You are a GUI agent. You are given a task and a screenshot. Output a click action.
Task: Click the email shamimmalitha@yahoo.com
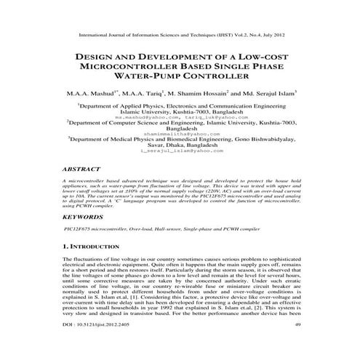click(x=180, y=135)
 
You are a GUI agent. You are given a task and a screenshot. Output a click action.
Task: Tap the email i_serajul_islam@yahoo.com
click(x=181, y=151)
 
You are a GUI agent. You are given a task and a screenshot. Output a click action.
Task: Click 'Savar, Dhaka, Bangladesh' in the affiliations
click(x=180, y=145)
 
